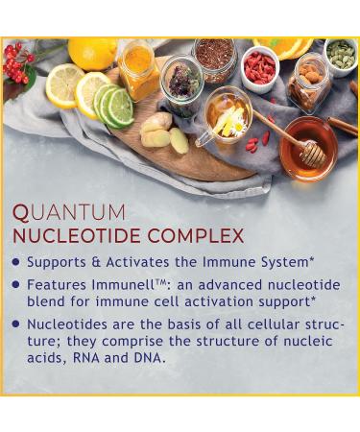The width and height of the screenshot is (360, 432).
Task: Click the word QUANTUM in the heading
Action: pos(69,212)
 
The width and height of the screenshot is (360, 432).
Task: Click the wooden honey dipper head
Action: pos(313,154)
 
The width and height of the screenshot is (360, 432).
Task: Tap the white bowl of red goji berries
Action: pos(259,69)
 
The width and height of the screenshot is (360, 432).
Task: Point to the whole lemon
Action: pos(92,54)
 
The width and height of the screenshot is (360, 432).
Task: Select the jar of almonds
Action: pos(309,83)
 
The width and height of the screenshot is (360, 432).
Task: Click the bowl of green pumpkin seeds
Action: pos(341,58)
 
